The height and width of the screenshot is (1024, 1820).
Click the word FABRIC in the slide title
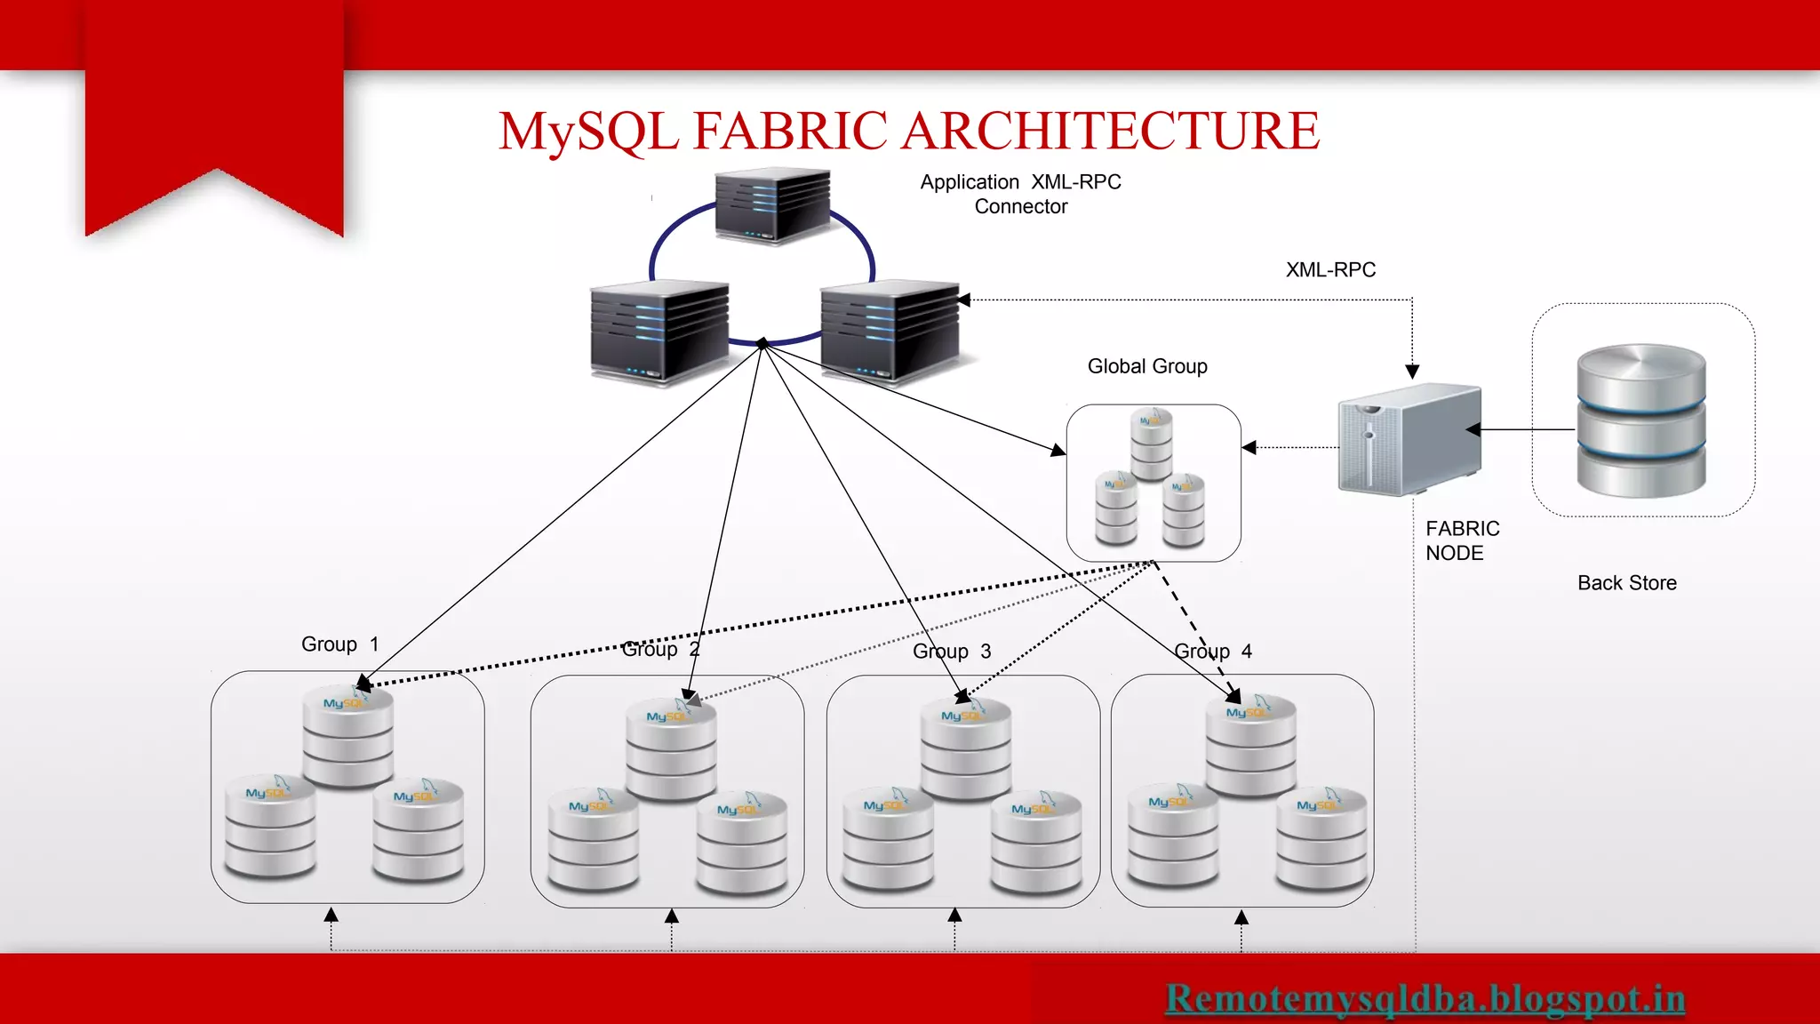click(x=794, y=132)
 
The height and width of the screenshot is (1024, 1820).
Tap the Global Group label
click(x=1147, y=366)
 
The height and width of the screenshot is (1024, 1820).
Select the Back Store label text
click(x=1626, y=583)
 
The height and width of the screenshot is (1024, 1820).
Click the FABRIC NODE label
click(x=1461, y=540)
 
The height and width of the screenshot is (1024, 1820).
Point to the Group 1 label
click(x=339, y=644)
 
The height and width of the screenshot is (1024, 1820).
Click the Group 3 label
click(x=951, y=652)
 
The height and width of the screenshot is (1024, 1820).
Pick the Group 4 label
click(x=1212, y=652)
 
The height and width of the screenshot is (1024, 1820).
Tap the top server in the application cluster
click(x=772, y=206)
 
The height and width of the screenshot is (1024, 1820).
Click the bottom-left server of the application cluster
click(x=659, y=332)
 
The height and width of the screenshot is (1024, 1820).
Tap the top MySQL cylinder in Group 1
click(x=347, y=737)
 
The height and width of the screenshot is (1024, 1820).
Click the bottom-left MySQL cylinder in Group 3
click(x=888, y=840)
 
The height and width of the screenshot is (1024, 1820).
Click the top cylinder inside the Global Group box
click(x=1152, y=444)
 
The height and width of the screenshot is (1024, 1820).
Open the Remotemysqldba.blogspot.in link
click(x=1425, y=998)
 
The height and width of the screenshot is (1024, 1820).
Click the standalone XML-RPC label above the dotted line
click(x=1329, y=270)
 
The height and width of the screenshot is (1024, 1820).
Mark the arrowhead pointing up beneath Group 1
click(x=331, y=915)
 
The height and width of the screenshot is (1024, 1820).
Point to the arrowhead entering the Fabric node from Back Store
click(x=1473, y=430)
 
